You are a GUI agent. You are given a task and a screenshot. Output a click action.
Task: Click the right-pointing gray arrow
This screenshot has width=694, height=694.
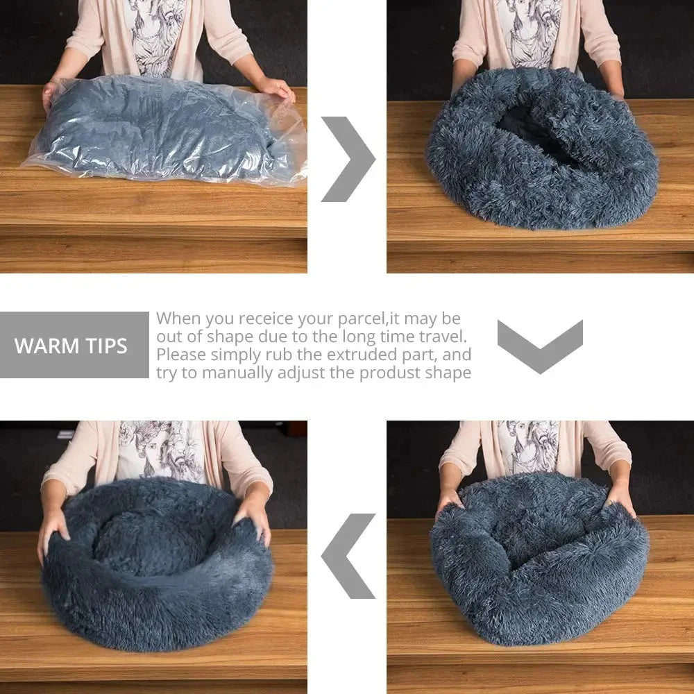(348, 159)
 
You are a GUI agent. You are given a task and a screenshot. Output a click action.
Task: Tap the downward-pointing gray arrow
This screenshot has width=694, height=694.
(540, 345)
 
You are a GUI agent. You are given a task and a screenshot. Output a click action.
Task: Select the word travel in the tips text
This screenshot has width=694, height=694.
(441, 337)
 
